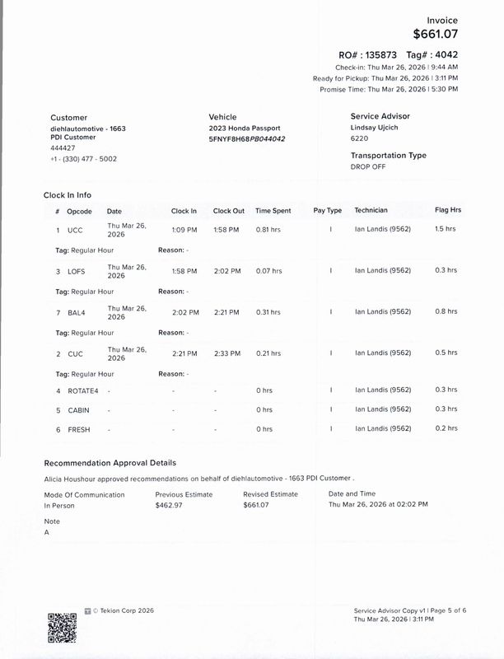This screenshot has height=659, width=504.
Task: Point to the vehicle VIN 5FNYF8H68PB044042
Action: (x=247, y=139)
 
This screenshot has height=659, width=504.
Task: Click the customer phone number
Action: (x=83, y=158)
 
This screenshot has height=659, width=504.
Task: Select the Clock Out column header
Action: (x=228, y=211)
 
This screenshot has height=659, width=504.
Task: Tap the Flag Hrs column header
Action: (x=447, y=211)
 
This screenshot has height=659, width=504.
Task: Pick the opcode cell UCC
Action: (x=75, y=230)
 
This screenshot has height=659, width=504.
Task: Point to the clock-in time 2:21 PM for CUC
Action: (x=184, y=353)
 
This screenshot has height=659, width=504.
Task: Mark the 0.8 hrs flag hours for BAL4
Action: (x=445, y=312)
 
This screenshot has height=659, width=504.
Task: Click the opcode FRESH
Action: (x=78, y=429)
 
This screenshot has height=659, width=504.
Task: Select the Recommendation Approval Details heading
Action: (x=110, y=463)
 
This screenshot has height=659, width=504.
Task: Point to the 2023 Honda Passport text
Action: (x=245, y=129)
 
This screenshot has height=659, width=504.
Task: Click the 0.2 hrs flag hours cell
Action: (x=445, y=429)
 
